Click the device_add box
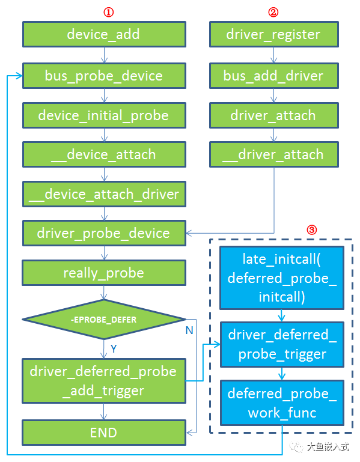[103, 34]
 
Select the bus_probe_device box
[103, 76]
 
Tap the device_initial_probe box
[103, 115]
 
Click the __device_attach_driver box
[103, 194]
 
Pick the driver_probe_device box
[103, 233]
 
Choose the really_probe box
[103, 273]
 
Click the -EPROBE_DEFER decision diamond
[103, 320]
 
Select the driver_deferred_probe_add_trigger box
[103, 381]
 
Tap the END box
[103, 433]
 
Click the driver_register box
[273, 34]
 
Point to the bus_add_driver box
[273, 76]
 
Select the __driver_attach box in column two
[273, 154]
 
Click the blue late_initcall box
[282, 278]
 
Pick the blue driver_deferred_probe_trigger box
[282, 344]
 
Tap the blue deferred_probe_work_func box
[282, 403]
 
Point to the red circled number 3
[312, 229]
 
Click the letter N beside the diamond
[189, 330]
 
